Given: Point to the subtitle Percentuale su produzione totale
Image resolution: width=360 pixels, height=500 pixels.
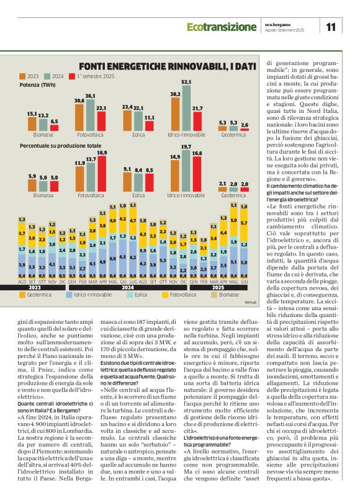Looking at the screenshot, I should (x=60, y=145).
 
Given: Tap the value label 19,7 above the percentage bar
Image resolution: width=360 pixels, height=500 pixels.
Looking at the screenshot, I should (x=186, y=163).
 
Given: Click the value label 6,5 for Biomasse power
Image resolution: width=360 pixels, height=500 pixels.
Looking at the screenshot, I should (x=55, y=122).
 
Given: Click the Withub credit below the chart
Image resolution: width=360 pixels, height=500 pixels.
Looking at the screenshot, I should (x=250, y=302).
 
